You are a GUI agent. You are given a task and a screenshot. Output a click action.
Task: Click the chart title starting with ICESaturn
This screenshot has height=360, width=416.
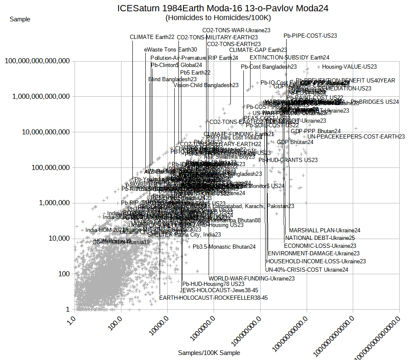pyautogui.click(x=222, y=8)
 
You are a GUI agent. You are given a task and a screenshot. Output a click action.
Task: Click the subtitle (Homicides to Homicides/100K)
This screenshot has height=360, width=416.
pyautogui.click(x=218, y=18)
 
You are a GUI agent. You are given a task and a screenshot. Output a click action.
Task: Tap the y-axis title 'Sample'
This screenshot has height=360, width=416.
pyautogui.click(x=20, y=19)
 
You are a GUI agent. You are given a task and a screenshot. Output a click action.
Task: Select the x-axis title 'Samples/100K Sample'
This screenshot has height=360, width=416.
pyautogui.click(x=209, y=353)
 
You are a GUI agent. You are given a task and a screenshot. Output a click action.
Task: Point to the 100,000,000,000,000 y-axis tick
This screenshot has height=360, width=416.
pyautogui.click(x=37, y=61)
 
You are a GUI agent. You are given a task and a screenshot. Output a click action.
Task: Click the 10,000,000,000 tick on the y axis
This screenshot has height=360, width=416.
pyautogui.click(x=43, y=132)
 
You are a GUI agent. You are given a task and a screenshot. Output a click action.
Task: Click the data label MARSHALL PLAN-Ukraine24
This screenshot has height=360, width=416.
pyautogui.click(x=325, y=230)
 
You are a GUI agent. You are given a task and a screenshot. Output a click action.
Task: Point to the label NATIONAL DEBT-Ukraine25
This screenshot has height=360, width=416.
pyautogui.click(x=320, y=238)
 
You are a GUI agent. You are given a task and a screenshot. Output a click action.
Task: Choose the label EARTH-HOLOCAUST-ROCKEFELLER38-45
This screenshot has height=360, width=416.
pyautogui.click(x=213, y=298)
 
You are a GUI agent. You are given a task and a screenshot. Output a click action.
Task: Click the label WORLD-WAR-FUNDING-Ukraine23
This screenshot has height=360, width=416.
pyautogui.click(x=251, y=278)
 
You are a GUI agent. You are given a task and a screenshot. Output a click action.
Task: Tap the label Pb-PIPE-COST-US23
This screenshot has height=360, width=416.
pyautogui.click(x=310, y=36)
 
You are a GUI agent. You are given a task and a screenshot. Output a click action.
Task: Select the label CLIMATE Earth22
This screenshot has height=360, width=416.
pyautogui.click(x=152, y=37)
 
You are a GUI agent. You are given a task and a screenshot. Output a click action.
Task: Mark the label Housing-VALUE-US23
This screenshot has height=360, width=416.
pyautogui.click(x=349, y=67)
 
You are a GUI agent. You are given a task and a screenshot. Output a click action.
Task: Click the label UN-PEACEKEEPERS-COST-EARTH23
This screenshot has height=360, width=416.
pyautogui.click(x=356, y=137)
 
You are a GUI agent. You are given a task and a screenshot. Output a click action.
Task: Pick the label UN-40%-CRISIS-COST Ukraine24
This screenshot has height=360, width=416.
pyautogui.click(x=307, y=270)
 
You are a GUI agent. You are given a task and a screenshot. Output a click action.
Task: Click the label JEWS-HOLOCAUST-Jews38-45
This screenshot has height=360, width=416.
pyautogui.click(x=219, y=290)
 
